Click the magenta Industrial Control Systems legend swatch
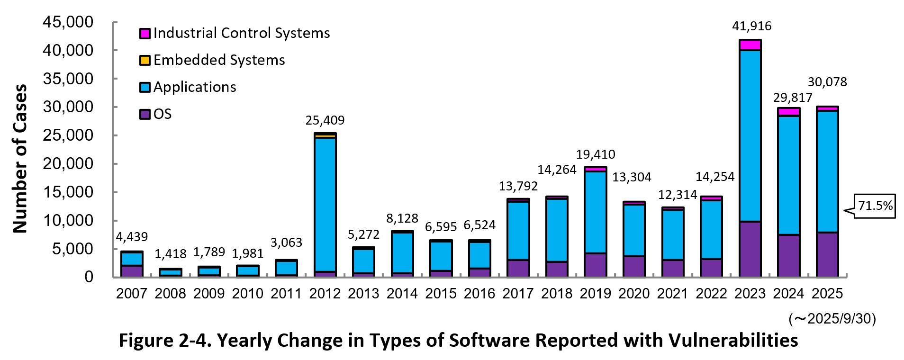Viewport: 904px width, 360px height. pyautogui.click(x=145, y=33)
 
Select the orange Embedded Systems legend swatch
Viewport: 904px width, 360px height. pyautogui.click(x=145, y=60)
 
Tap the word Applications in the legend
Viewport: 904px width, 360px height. pyautogui.click(x=194, y=87)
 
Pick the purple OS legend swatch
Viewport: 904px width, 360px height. pyautogui.click(x=145, y=114)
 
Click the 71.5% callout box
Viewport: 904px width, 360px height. pyautogui.click(x=875, y=206)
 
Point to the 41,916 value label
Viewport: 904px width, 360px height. pyautogui.click(x=751, y=26)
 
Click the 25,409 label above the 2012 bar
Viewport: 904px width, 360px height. pyautogui.click(x=325, y=120)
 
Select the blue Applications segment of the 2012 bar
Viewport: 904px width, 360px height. pyautogui.click(x=325, y=204)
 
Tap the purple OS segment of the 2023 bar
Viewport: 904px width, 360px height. pyautogui.click(x=750, y=249)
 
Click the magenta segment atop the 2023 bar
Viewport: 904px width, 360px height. pyautogui.click(x=750, y=45)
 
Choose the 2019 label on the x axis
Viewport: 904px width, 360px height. pyautogui.click(x=595, y=294)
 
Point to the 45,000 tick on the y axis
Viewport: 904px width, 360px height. pyautogui.click(x=68, y=22)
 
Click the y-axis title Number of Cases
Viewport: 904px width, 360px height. pyautogui.click(x=20, y=159)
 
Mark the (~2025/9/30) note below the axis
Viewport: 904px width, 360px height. pyautogui.click(x=832, y=319)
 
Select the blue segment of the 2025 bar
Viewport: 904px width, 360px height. pyautogui.click(x=827, y=171)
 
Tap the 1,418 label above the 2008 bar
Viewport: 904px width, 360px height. pyautogui.click(x=171, y=254)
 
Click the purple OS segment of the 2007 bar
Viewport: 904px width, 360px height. pyautogui.click(x=132, y=271)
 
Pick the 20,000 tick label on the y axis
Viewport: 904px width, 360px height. pyautogui.click(x=68, y=164)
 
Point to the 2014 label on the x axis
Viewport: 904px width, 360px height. pyautogui.click(x=402, y=294)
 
